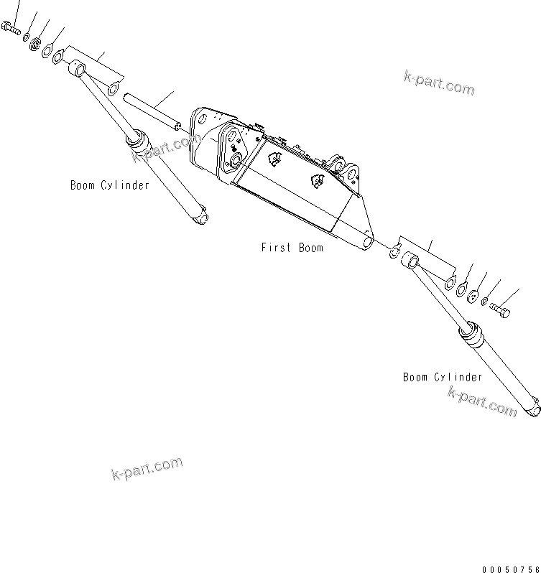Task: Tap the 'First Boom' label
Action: tap(292, 248)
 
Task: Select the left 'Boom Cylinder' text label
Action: tap(110, 185)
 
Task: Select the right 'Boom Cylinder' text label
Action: tap(443, 377)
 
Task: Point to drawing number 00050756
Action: tap(510, 569)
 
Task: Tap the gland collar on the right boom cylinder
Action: tap(471, 336)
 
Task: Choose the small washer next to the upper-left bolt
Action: tap(25, 37)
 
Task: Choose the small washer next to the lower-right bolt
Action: tap(484, 300)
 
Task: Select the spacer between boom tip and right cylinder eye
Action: tap(394, 249)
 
